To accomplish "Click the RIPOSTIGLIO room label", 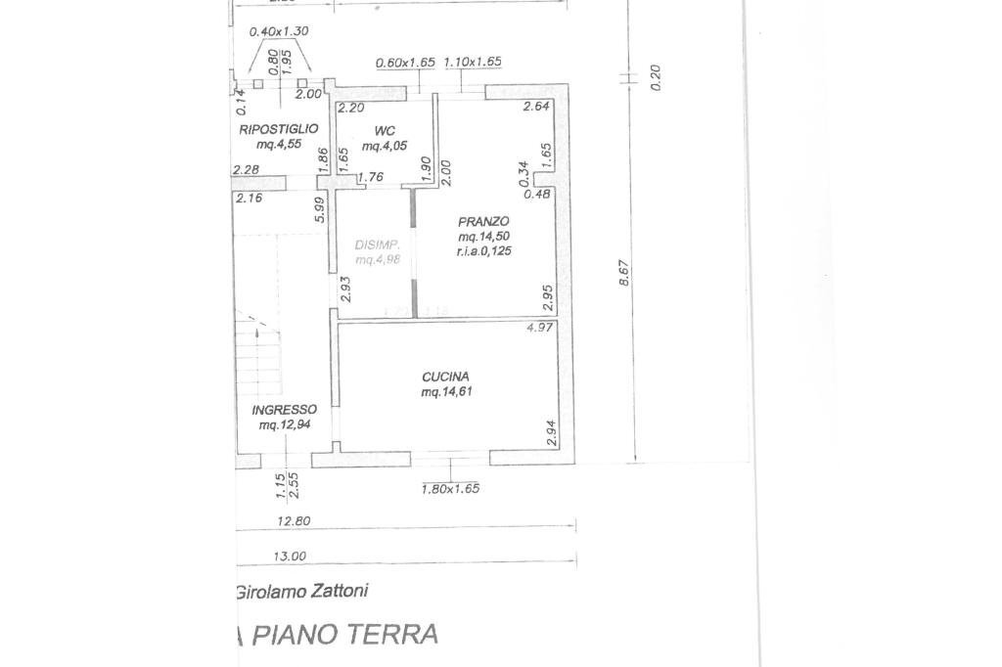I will coord(279,129).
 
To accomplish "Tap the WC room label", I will coord(383,131).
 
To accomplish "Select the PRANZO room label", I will coord(483,222).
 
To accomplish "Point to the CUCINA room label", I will coord(445,377).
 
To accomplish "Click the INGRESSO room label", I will coord(284,410).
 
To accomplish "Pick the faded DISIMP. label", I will coord(376,245).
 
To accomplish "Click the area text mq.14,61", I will coord(445,392).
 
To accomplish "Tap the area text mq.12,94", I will coord(283,425).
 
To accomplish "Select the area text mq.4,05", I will coord(383,147).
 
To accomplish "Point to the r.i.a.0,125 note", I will coord(484,251).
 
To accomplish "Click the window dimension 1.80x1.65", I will coord(450,489).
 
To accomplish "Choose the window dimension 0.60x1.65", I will coord(405,63).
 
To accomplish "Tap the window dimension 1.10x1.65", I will coord(473,63).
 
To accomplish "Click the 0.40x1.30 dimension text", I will coord(279,31).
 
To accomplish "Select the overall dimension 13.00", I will coord(290,556).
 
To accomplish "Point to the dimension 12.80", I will coord(294,521).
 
